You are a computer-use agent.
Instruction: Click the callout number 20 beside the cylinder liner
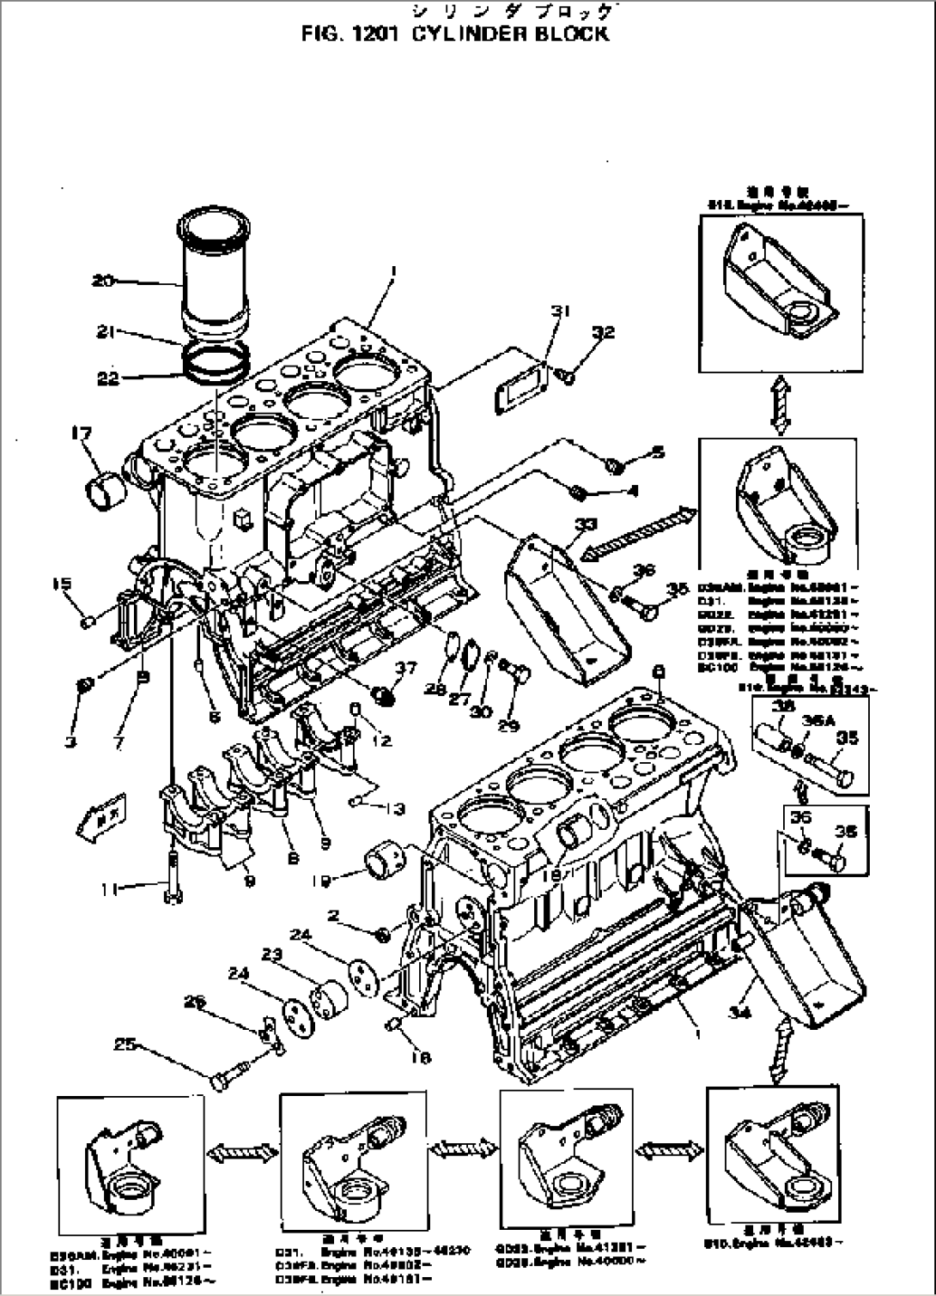coord(104,281)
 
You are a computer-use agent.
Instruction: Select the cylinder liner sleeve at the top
coord(215,275)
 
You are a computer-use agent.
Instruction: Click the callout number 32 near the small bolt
coord(604,332)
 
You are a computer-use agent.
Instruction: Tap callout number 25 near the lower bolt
coord(125,1044)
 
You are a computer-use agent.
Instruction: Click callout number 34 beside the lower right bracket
coord(739,1012)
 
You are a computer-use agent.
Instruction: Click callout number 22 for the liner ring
coord(108,377)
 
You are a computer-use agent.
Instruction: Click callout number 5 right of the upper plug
coord(657,451)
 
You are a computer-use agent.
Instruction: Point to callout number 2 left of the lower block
coord(334,917)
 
